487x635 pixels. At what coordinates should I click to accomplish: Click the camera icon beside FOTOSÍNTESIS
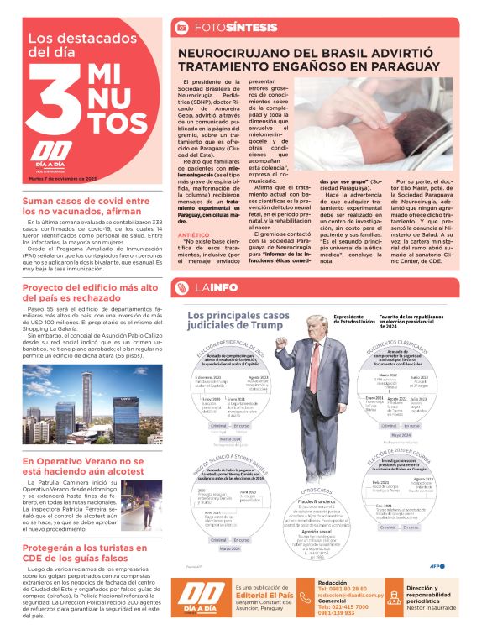click(180, 29)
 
